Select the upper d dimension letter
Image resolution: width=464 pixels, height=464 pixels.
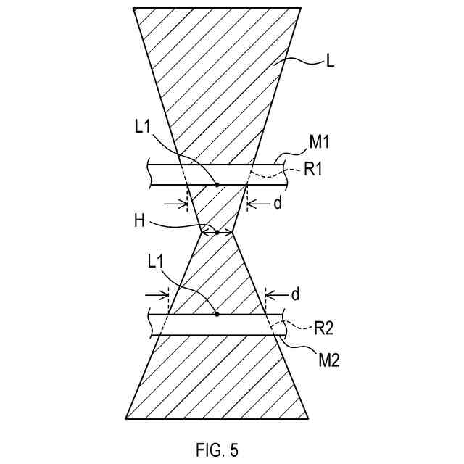[x=276, y=204]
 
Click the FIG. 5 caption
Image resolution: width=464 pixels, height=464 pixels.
[x=216, y=450]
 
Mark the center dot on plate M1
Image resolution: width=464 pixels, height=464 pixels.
[x=217, y=184]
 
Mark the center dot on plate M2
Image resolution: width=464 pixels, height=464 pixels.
[x=217, y=315]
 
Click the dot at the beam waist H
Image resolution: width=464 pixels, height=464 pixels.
[x=217, y=233]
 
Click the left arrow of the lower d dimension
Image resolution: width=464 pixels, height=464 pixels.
[x=164, y=294]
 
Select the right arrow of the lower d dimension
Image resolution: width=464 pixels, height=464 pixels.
[x=270, y=294]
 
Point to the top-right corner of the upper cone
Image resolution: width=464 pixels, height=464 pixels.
[x=301, y=9]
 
